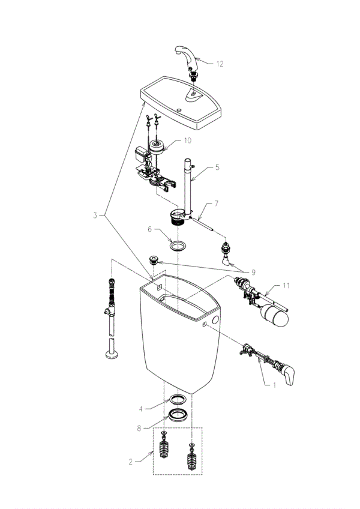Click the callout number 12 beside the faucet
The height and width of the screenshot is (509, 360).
pyautogui.click(x=220, y=64)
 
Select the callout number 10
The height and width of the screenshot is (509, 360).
pyautogui.click(x=188, y=140)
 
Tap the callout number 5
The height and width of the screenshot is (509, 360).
pyautogui.click(x=217, y=167)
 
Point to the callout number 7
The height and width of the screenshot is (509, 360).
pyautogui.click(x=216, y=203)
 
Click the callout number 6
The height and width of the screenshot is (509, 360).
pyautogui.click(x=149, y=229)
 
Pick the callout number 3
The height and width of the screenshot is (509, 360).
pyautogui.click(x=95, y=215)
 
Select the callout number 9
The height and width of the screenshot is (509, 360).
pyautogui.click(x=253, y=273)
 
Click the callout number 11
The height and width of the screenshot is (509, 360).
pyautogui.click(x=286, y=285)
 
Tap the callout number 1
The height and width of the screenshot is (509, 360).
pyautogui.click(x=274, y=385)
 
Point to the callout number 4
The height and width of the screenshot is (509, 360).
pyautogui.click(x=140, y=409)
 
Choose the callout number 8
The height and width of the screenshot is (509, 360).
pyautogui.click(x=139, y=429)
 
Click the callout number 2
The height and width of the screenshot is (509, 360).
pyautogui.click(x=130, y=462)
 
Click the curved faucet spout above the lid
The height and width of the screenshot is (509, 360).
pyautogui.click(x=187, y=57)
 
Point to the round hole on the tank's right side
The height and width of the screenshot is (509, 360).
pyautogui.click(x=215, y=320)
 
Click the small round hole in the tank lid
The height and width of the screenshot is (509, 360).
pyautogui.click(x=179, y=110)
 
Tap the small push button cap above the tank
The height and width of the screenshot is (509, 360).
pyautogui.click(x=153, y=259)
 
